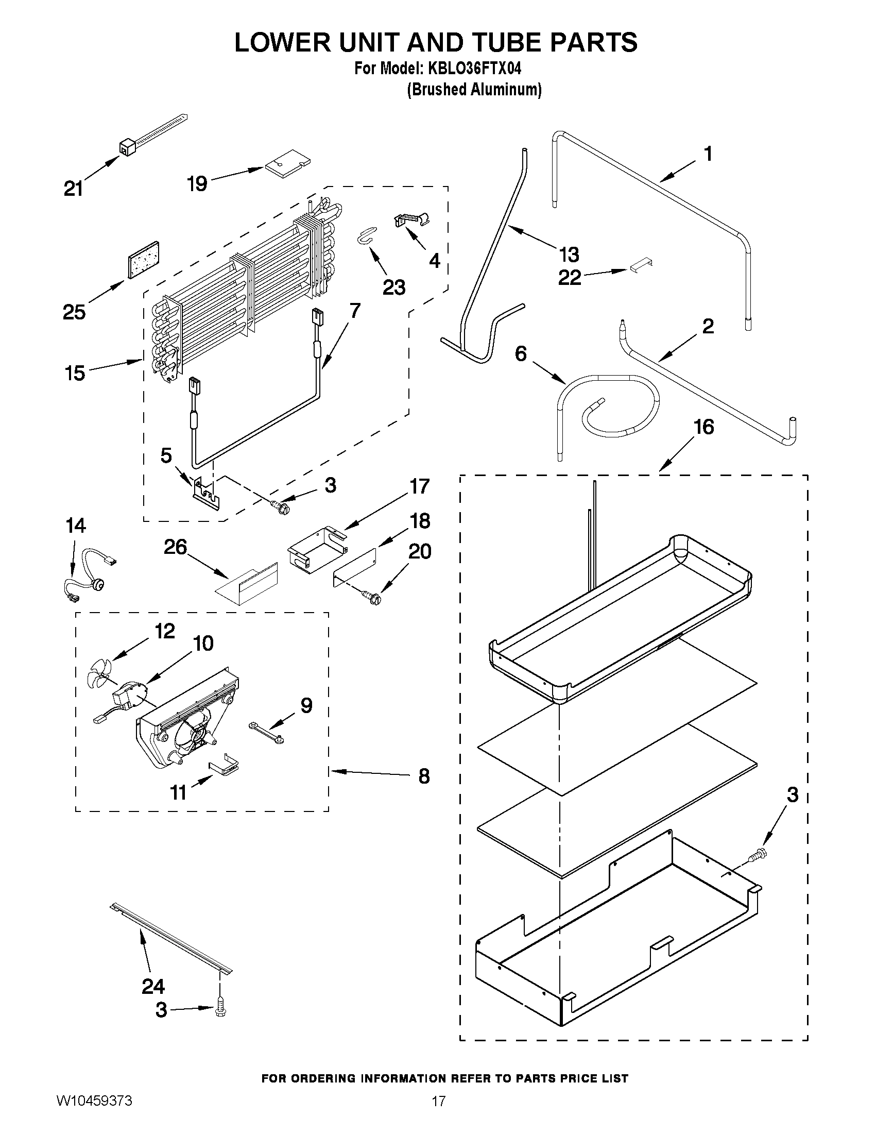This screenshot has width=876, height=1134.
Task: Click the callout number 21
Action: (73, 189)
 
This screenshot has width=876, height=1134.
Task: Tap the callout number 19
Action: (198, 184)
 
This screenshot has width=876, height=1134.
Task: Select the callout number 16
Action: (704, 427)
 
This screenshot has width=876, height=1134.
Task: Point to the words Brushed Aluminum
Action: (474, 90)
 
